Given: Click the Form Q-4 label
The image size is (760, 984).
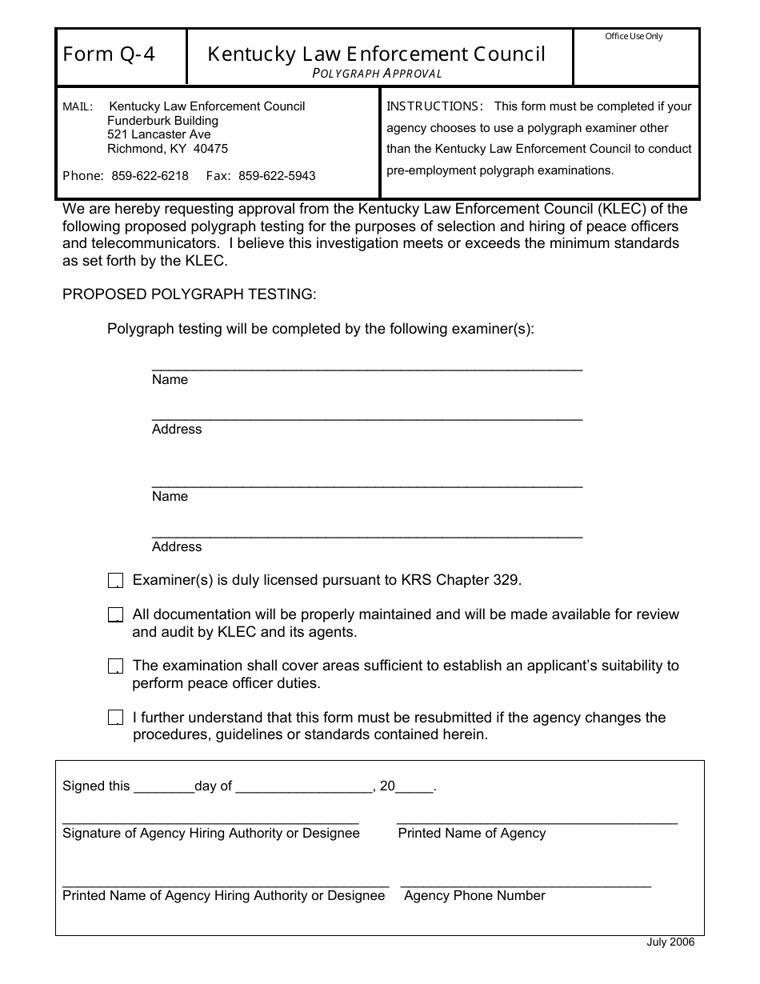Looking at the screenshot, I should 109,54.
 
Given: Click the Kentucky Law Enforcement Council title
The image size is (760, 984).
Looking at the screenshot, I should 376,54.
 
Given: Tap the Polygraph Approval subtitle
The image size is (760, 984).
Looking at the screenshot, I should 377,74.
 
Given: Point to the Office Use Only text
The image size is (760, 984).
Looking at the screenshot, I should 634,36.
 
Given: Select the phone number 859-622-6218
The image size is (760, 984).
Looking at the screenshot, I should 150,176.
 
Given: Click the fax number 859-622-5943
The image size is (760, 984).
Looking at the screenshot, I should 277,176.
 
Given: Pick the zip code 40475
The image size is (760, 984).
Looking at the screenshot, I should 210,149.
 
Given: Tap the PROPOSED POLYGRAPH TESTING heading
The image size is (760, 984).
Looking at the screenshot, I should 190,294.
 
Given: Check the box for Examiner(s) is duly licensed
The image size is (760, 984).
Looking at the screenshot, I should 115,581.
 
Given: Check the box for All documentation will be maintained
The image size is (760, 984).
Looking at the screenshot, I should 115,615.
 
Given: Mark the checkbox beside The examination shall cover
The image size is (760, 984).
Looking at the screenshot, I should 115,666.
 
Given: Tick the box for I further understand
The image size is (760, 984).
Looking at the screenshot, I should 115,718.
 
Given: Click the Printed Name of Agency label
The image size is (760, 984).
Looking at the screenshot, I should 471,834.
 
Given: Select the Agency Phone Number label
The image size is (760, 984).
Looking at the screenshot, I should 474,896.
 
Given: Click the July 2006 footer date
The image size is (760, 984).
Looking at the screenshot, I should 670,942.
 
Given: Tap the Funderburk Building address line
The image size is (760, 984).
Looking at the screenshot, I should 162,121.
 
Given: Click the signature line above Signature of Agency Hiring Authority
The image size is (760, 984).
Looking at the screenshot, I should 210,822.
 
